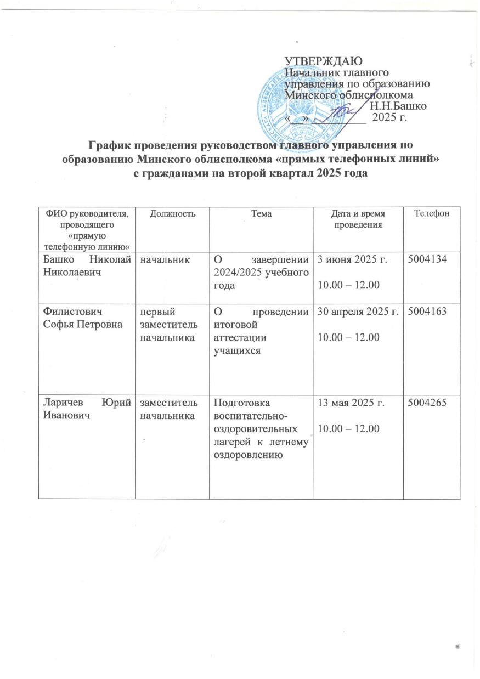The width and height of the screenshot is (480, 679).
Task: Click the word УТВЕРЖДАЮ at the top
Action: click(x=324, y=61)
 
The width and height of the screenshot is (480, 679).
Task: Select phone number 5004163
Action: click(x=425, y=312)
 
